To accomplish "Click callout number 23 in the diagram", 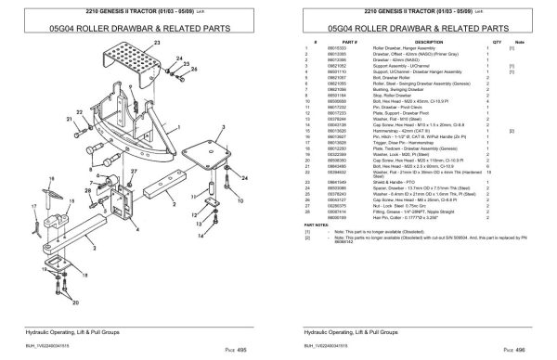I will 157,43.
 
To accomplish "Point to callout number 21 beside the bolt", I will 70,119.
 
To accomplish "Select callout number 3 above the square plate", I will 223,127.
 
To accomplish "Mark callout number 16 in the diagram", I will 50,178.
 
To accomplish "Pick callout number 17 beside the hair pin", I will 33,206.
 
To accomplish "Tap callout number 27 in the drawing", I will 133,172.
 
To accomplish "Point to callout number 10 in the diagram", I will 240,200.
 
